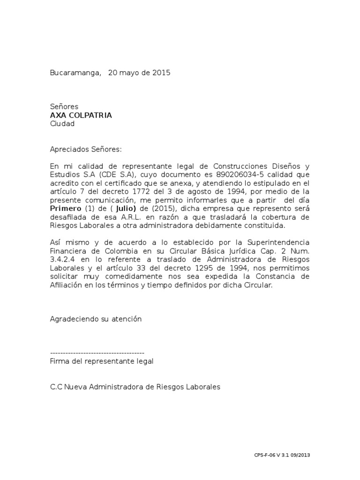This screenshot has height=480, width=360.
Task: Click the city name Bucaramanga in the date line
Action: click(75, 73)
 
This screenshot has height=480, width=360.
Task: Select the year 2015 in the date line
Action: click(161, 73)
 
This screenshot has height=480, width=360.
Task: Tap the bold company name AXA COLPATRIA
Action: click(81, 115)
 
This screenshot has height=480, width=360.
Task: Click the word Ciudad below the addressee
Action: click(62, 124)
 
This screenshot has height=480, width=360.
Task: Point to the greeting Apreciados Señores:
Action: click(86, 150)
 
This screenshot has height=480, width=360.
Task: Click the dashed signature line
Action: click(97, 352)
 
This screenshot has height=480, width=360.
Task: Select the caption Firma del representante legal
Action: click(101, 361)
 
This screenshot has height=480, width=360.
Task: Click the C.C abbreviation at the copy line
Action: click(56, 387)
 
